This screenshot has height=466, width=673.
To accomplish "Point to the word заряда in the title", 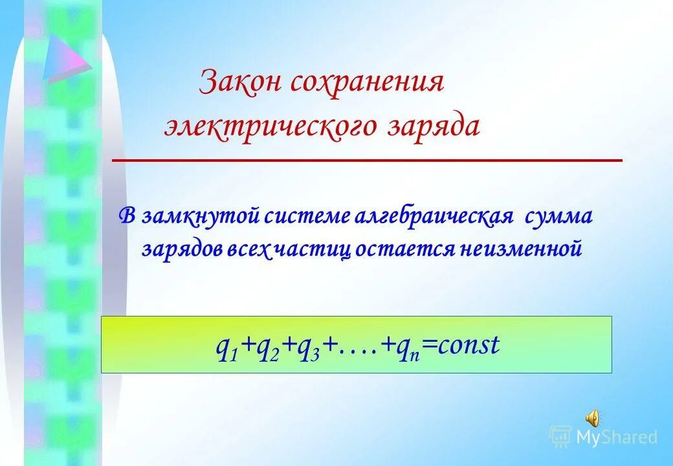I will point(434,125).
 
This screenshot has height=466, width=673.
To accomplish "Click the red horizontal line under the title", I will point(367,159).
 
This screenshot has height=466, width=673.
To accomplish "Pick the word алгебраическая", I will point(434,216).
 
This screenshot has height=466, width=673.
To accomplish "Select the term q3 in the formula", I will point(304,346).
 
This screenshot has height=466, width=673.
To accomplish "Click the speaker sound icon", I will point(591,417).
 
